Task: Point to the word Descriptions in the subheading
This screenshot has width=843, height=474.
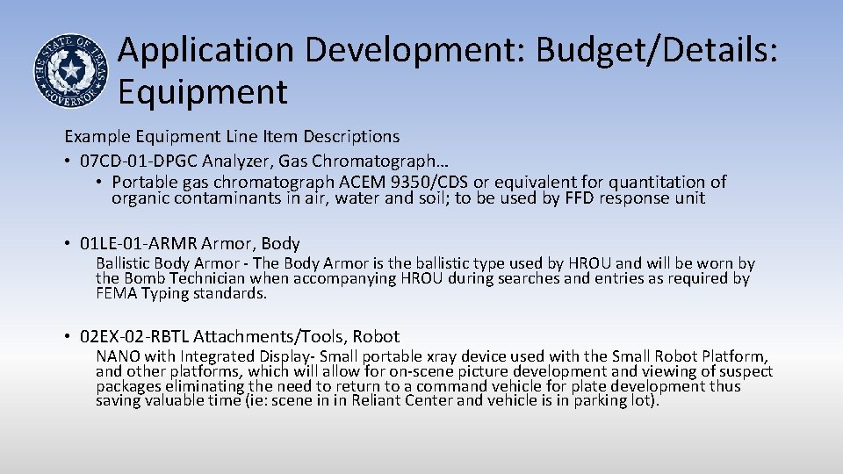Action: (x=351, y=137)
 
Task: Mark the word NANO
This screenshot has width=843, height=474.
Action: (x=115, y=356)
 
